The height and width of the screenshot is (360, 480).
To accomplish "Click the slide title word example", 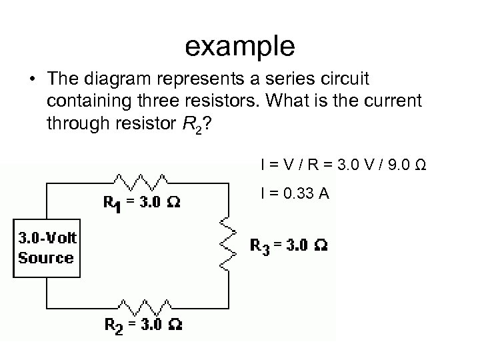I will (x=239, y=46).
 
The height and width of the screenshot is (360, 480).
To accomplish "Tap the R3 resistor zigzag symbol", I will (x=229, y=243).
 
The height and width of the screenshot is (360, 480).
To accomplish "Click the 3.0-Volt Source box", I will (x=47, y=248).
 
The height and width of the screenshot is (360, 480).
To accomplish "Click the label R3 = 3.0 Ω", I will (x=287, y=245).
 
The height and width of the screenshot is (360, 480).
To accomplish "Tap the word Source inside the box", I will (x=46, y=258).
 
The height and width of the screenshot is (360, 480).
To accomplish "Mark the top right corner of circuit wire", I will (x=229, y=181).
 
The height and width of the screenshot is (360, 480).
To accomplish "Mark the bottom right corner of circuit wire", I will (x=229, y=307).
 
